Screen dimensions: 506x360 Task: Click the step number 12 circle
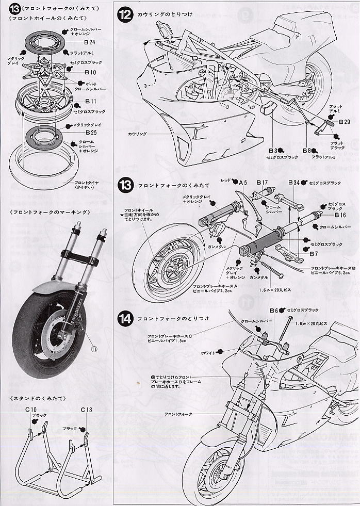click(125, 14)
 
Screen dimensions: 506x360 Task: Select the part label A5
click(243, 182)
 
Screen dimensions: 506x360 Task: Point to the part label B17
click(261, 182)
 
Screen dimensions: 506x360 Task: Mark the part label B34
click(294, 182)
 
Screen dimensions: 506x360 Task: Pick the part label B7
click(315, 254)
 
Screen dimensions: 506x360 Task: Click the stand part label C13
click(86, 410)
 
